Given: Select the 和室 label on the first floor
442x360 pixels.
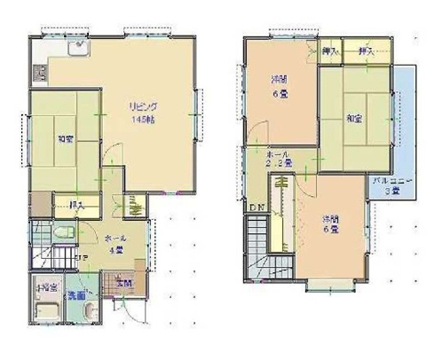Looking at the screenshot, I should point(64,139).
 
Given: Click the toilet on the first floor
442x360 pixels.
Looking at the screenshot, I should point(59,232).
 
